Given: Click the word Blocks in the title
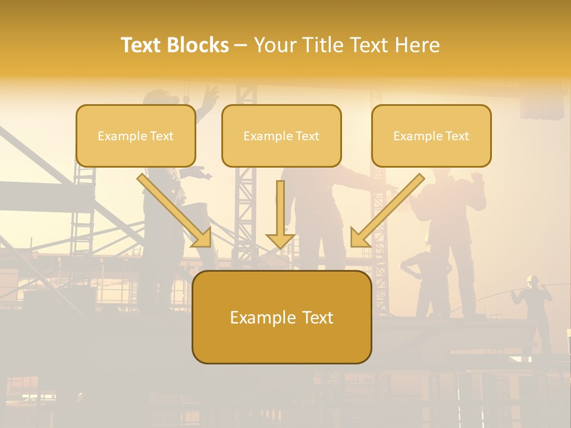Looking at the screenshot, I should (x=198, y=45).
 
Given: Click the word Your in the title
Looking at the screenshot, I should (x=274, y=45).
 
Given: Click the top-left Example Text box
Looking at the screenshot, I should (x=136, y=136).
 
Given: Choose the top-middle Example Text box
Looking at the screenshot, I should (x=281, y=136).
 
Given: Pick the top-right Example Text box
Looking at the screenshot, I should (x=431, y=136).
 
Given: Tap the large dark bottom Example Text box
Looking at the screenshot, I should (x=281, y=317).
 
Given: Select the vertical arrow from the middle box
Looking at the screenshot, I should (x=280, y=211).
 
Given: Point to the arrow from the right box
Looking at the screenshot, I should (x=388, y=210).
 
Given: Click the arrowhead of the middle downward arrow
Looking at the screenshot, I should (x=280, y=240).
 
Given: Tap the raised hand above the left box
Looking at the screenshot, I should (x=209, y=95).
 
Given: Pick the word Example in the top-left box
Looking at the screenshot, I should (x=118, y=136).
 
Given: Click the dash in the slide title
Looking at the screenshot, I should (x=241, y=45).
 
